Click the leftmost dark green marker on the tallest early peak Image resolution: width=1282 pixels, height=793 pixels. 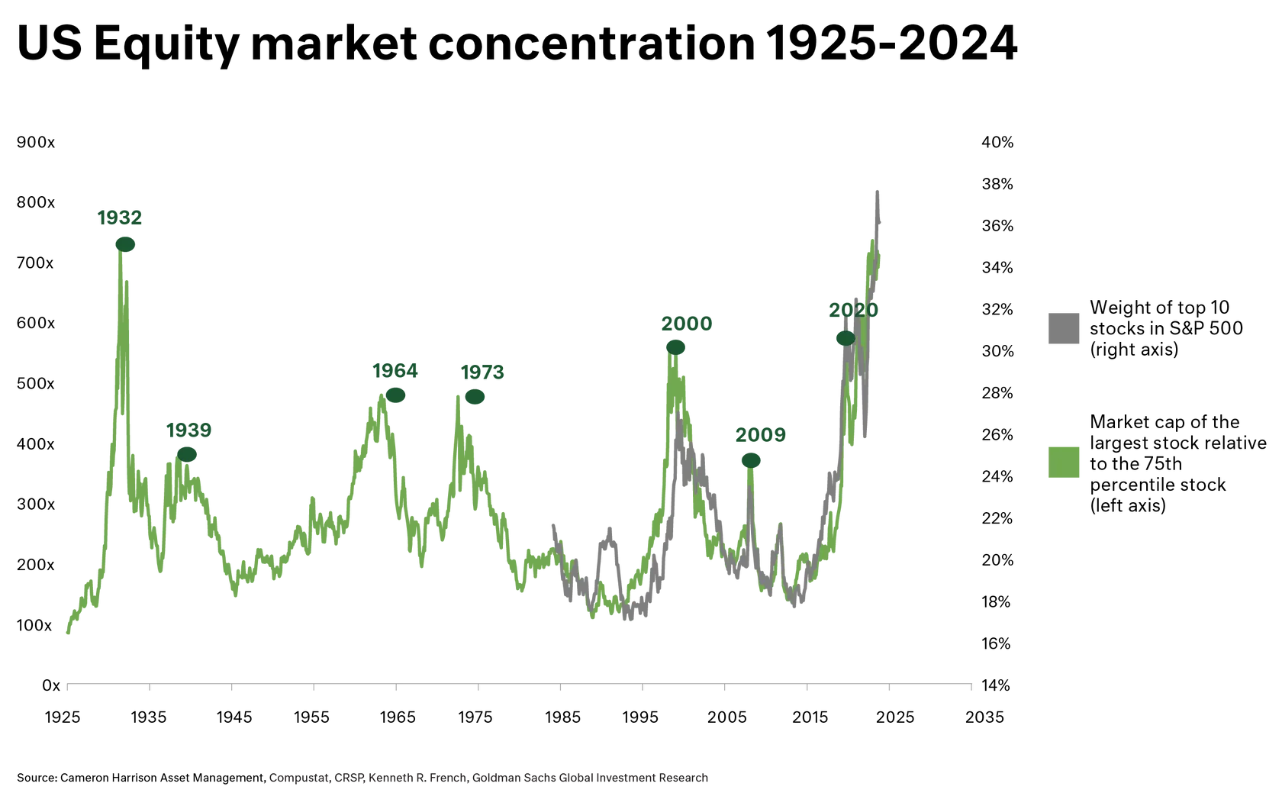tap(125, 244)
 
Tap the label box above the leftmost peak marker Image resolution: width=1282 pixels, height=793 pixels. tap(119, 218)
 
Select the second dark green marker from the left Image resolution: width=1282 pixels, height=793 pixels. tap(188, 456)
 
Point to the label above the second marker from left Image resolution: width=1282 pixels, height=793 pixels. tap(188, 432)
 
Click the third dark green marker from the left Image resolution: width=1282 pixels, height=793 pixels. tap(395, 395)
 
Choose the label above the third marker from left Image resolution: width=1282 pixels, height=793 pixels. tap(395, 372)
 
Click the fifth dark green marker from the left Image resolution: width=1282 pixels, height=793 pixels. tap(676, 347)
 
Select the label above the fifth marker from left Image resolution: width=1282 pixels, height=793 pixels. tap(686, 325)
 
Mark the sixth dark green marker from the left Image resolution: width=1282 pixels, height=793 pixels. tap(751, 459)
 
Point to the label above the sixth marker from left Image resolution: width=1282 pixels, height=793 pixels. tap(759, 435)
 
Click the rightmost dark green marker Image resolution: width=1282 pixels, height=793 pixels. tap(843, 337)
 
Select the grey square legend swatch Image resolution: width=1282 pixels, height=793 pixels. tap(1065, 330)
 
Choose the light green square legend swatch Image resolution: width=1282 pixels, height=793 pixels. tap(1065, 463)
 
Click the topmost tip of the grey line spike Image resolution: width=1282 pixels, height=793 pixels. tap(876, 185)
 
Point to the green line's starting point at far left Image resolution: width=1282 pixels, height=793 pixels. tap(66, 633)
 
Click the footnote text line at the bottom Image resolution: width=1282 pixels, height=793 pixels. tap(490, 778)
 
